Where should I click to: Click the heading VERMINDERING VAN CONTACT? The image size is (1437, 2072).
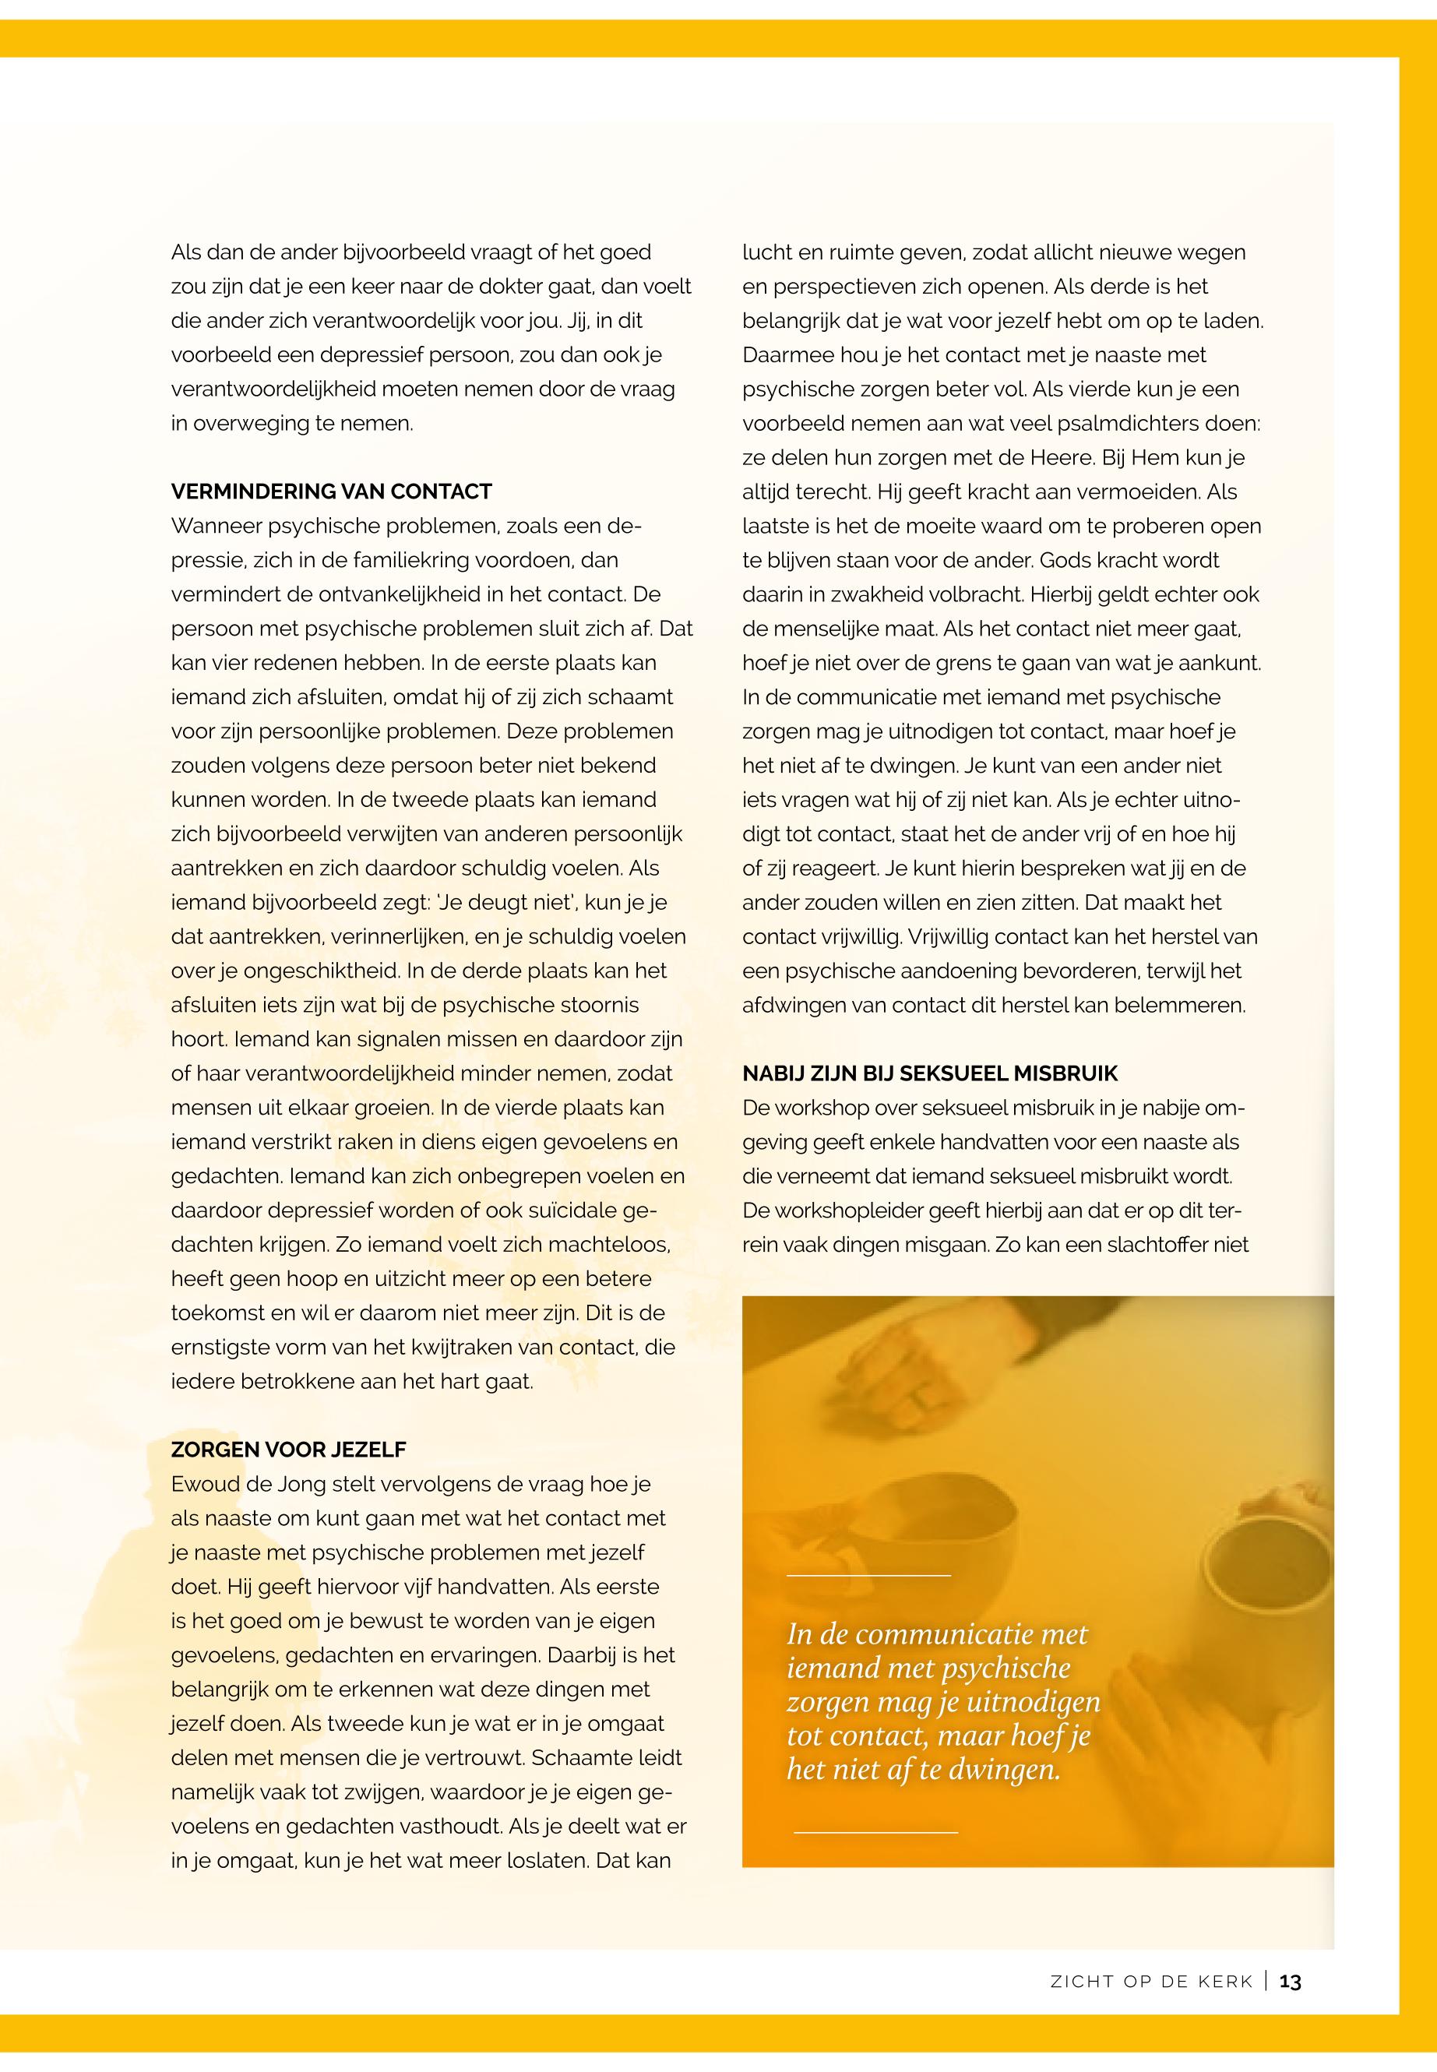point(331,492)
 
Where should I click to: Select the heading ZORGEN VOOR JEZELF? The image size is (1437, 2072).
point(289,1450)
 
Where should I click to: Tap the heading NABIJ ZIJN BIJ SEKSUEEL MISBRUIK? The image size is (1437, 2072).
point(930,1073)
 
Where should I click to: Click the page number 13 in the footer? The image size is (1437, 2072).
point(1291,1982)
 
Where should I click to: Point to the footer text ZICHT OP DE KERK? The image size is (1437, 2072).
point(1152,1982)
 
